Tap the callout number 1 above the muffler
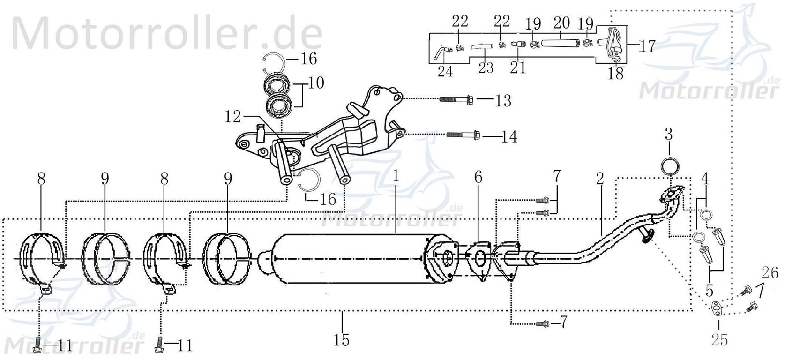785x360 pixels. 396,177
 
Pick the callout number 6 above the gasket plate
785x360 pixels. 478,177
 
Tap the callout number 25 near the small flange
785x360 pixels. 719,339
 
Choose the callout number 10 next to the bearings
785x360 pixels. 316,83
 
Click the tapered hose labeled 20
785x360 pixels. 560,43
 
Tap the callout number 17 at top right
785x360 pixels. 646,46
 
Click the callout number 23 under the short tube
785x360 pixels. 486,67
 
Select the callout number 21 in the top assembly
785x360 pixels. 518,67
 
